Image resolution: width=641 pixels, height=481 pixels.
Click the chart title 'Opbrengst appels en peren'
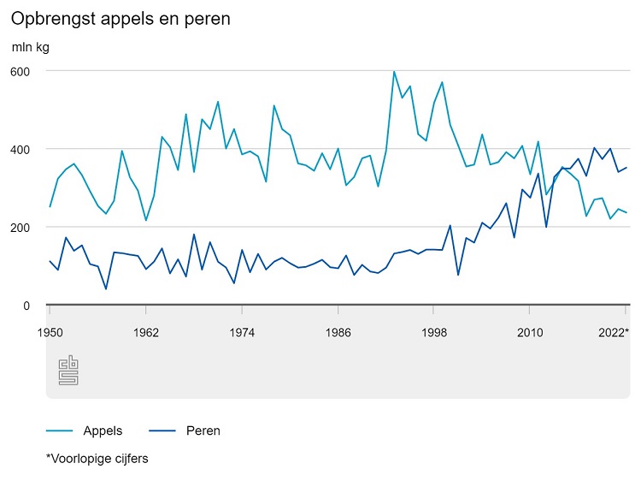coord(121,18)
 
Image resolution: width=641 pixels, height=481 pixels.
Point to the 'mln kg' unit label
coord(31,46)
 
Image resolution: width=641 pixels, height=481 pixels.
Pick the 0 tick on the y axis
coord(26,306)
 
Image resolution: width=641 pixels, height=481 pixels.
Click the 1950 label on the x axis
coord(50,331)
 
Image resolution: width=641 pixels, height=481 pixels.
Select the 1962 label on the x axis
coord(146,331)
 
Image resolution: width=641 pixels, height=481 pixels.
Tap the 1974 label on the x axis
coord(242,331)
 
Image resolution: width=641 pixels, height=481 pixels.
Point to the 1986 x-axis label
coord(338,331)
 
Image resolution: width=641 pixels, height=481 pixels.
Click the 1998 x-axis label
coord(434,331)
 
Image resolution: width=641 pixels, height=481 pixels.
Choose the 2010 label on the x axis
coord(530,331)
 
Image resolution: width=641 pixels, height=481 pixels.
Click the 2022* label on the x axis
coord(613,331)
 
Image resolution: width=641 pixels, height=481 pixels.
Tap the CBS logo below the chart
coord(68,371)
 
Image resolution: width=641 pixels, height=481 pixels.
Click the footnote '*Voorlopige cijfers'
coord(97,459)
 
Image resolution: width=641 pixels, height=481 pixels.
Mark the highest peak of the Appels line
coord(394,72)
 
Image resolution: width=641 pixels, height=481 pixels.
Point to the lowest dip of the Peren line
coord(106,289)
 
